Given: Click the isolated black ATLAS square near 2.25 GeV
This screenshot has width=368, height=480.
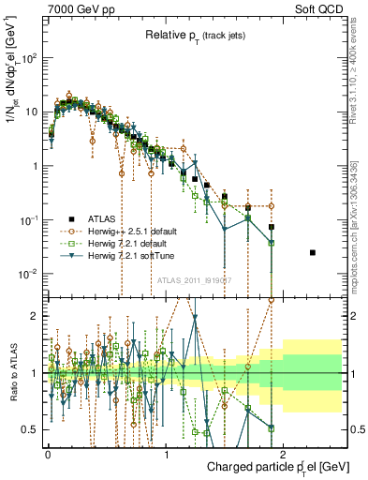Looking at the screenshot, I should [313, 253].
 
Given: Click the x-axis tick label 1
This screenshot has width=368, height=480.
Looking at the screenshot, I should [166, 453].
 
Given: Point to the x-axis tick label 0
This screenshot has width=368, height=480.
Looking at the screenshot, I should [48, 453].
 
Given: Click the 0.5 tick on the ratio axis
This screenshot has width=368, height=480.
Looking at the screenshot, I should [31, 429].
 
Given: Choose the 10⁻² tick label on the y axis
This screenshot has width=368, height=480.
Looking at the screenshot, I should [28, 274].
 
